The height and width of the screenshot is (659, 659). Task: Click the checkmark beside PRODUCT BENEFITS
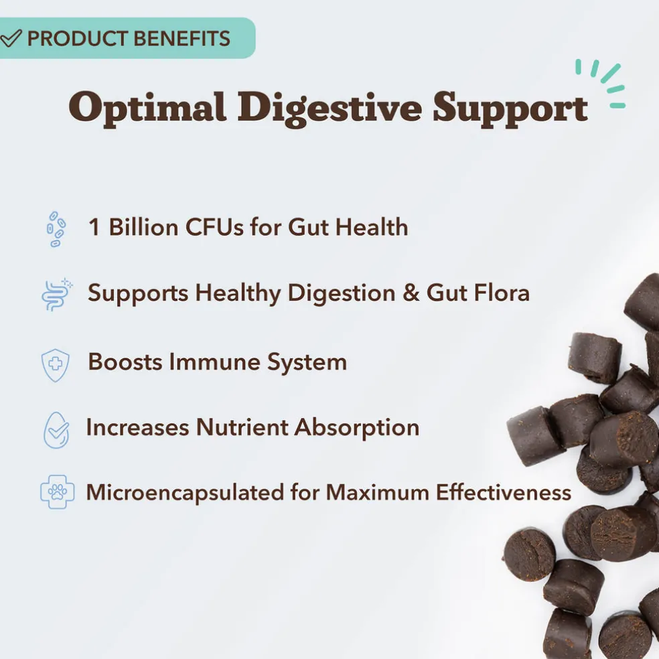(x=10, y=38)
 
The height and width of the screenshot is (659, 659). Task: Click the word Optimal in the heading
(x=148, y=108)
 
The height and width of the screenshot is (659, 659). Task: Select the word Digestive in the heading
(x=330, y=108)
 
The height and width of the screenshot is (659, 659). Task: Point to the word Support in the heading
(x=510, y=109)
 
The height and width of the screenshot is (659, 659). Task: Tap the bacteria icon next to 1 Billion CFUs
(x=56, y=229)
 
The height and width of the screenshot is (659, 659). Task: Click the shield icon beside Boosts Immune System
(x=56, y=365)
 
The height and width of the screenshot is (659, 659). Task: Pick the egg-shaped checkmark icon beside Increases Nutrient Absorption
(x=56, y=430)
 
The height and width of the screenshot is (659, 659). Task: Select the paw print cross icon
(x=57, y=492)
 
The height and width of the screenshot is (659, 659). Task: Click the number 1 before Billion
(x=94, y=228)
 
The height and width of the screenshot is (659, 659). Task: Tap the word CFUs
(x=214, y=228)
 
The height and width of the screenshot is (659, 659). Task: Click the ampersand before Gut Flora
(x=411, y=293)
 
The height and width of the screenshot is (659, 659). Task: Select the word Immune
(x=215, y=362)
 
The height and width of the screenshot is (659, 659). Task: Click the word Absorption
(x=357, y=428)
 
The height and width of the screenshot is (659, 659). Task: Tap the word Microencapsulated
(x=185, y=492)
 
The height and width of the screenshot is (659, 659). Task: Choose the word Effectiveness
(x=504, y=492)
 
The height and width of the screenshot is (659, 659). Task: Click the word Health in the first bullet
(x=372, y=228)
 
